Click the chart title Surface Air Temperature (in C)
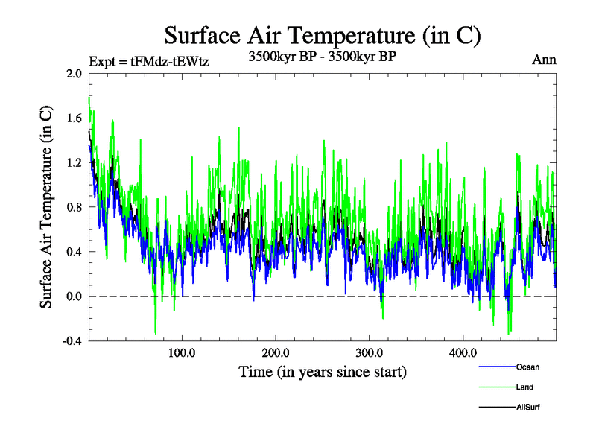[323, 35]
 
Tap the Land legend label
[524, 387]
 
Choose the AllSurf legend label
[527, 407]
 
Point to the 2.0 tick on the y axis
[74, 73]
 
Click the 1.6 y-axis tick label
[74, 118]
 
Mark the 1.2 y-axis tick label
[74, 162]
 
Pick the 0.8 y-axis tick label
[74, 207]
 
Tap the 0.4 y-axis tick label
[74, 252]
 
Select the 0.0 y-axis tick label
[74, 297]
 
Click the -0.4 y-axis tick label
[72, 341]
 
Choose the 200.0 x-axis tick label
[276, 352]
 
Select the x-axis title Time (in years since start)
[323, 371]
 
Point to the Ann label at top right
[544, 60]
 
